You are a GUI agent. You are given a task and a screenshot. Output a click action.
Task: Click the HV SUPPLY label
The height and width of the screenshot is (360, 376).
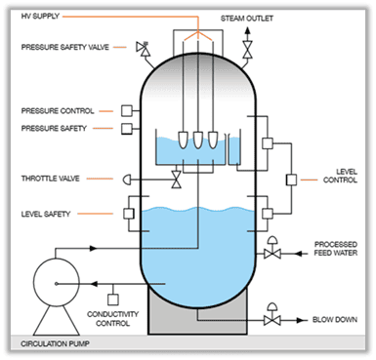coord(40,16)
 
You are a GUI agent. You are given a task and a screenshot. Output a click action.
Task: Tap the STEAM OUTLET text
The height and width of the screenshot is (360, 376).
coord(247,19)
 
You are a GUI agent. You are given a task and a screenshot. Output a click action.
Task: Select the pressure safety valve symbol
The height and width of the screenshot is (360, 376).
coord(143,48)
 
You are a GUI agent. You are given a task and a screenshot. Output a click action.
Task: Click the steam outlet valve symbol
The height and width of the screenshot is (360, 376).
coord(248,50)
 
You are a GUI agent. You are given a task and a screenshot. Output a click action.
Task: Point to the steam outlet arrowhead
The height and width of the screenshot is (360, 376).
coord(248,31)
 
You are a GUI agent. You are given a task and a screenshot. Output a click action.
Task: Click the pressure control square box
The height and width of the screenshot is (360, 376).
coord(127,110)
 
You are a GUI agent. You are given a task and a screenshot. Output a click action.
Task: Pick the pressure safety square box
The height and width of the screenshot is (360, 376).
coord(127,129)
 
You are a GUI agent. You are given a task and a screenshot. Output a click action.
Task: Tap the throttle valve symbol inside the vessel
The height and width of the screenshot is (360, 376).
coord(177,180)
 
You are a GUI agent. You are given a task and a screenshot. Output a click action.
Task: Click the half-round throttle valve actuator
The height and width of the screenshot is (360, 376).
coord(127,180)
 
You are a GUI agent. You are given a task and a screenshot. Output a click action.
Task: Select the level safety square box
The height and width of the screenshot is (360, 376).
coord(129,214)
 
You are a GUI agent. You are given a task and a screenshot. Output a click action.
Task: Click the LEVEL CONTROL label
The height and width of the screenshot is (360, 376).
coord(340,176)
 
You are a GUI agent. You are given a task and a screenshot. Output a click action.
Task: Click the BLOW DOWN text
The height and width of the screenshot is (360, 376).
coord(335,320)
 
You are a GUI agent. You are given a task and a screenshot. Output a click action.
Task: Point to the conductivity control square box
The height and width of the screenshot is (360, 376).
coord(113,300)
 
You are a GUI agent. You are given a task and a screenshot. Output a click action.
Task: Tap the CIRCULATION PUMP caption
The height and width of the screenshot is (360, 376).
coord(55,343)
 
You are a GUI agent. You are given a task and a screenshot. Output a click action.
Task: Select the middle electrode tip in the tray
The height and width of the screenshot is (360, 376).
coord(198,140)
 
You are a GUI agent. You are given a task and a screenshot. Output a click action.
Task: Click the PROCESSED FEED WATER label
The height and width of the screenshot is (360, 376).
coord(336,249)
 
